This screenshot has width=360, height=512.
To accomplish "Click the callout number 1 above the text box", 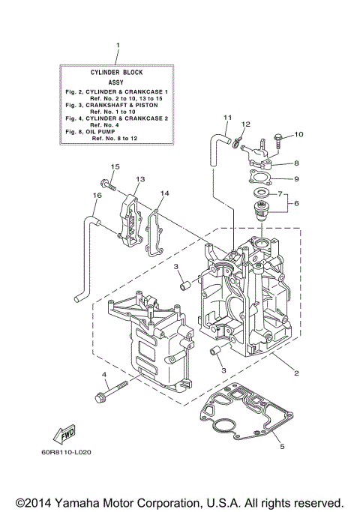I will point(118,46).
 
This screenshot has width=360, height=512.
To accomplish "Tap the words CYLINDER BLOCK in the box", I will point(118,72).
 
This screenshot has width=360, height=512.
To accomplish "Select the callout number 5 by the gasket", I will point(282,448).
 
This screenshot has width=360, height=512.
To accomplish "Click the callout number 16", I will point(96,196).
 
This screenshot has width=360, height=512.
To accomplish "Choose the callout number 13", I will point(139,180).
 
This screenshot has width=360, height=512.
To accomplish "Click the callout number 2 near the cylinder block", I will point(298,373).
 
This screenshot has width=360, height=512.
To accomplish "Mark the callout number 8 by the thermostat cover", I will point(296,163).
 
